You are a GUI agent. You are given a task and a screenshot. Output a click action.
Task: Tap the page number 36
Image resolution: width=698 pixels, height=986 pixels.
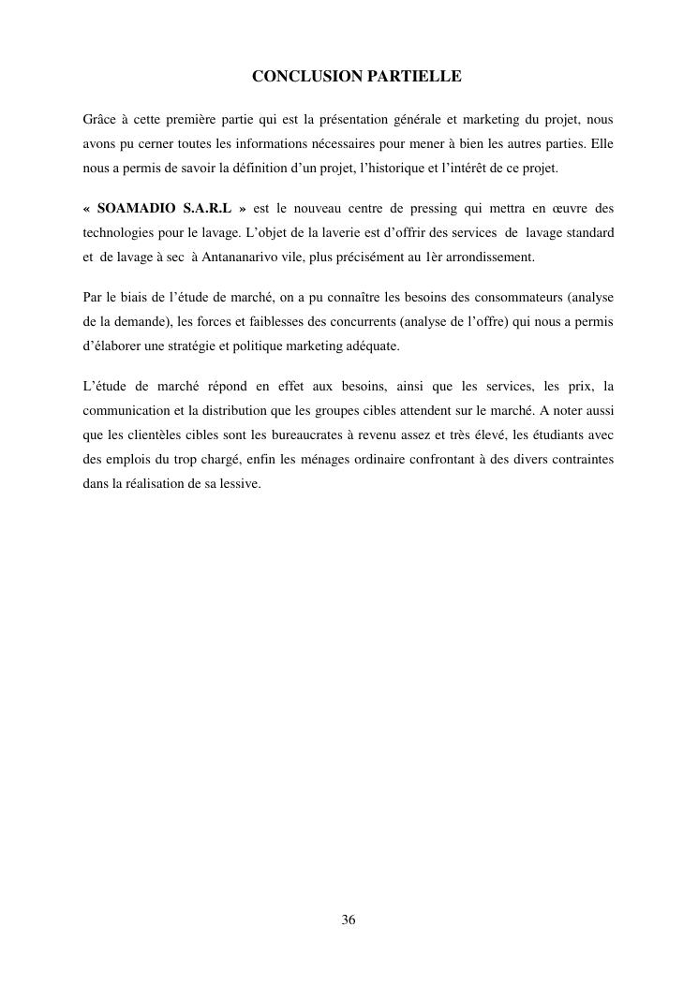click(x=349, y=920)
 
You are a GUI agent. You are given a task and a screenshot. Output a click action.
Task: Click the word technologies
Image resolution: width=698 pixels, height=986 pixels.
click(x=119, y=230)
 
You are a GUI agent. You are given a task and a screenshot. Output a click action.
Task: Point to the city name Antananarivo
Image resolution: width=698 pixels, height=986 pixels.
click(x=237, y=255)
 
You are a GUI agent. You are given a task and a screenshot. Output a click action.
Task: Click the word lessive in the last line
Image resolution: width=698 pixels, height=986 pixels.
click(x=240, y=483)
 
